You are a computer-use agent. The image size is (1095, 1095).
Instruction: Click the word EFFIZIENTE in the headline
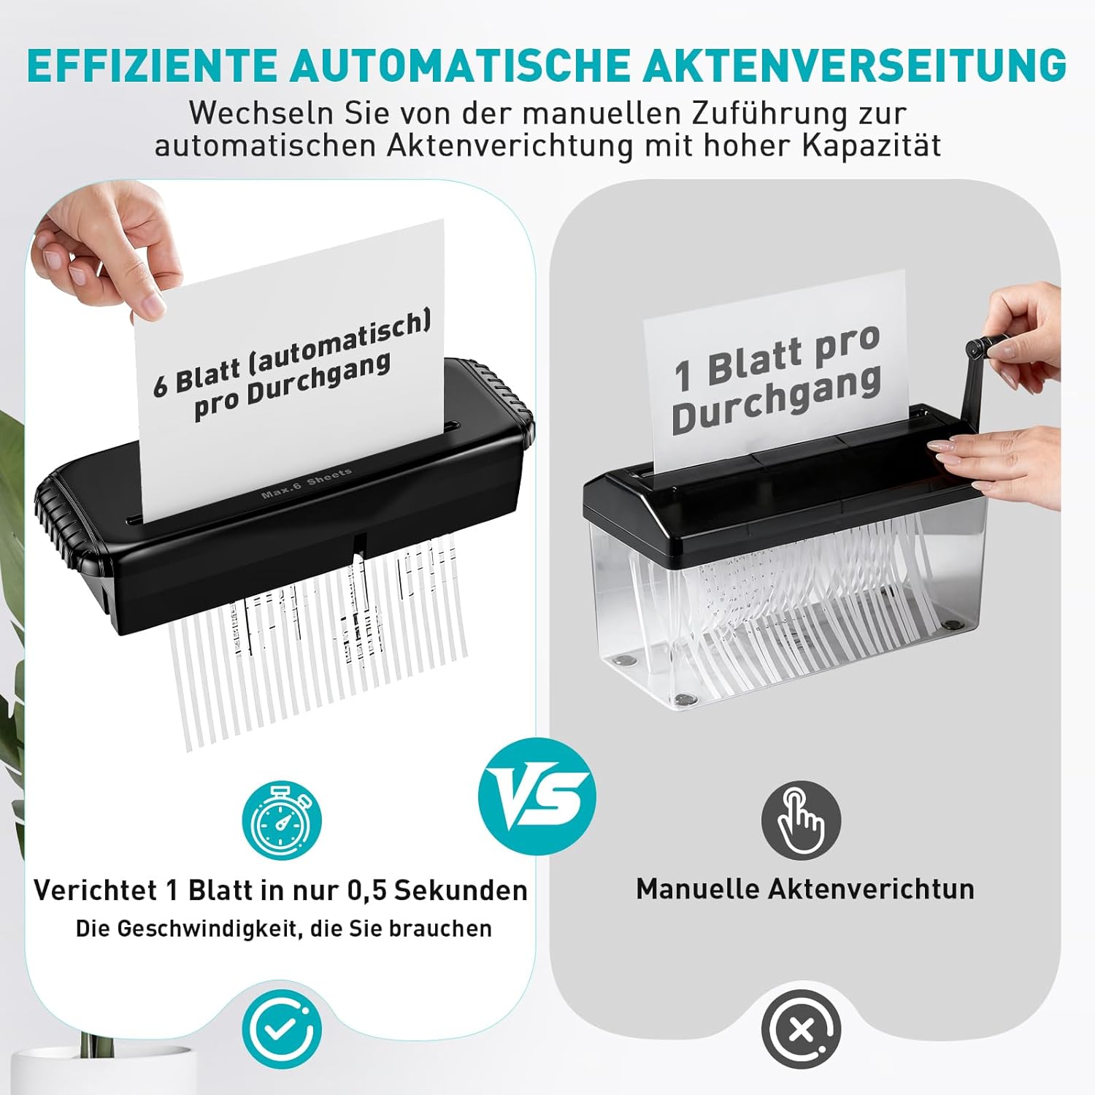tap(155, 66)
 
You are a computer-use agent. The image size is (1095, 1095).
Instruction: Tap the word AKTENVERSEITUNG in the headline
tap(855, 66)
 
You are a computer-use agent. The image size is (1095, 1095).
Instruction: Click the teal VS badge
tap(537, 796)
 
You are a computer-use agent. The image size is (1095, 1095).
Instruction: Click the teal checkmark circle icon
tap(282, 1029)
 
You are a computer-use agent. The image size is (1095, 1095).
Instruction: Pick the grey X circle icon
tap(801, 1029)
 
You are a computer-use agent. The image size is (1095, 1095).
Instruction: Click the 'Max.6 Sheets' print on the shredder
tap(307, 483)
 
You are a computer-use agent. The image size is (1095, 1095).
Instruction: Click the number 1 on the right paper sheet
tap(683, 374)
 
